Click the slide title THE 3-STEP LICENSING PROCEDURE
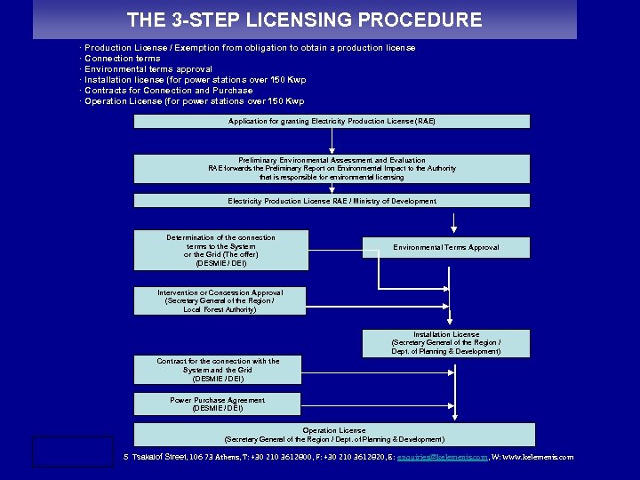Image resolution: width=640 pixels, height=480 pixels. [x=304, y=20]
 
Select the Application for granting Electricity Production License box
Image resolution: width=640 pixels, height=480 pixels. [x=332, y=121]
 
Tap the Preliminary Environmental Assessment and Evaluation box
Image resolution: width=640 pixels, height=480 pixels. [x=332, y=169]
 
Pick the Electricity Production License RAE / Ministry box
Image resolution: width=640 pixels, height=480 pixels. [x=332, y=201]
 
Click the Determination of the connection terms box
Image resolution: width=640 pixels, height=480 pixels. [x=220, y=251]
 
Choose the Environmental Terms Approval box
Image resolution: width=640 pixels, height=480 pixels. [x=446, y=247]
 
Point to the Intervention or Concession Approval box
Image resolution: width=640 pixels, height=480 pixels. [x=220, y=300]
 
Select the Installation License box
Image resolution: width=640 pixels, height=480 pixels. [x=446, y=343]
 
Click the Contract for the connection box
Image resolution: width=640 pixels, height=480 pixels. [x=218, y=370]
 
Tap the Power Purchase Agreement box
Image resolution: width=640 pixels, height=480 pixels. [x=218, y=404]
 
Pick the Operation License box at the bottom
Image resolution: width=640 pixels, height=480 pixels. [x=334, y=435]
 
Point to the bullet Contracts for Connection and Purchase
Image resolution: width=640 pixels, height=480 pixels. [x=168, y=91]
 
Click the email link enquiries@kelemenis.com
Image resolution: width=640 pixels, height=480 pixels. [x=442, y=458]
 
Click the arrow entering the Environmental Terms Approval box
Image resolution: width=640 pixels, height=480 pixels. [x=454, y=226]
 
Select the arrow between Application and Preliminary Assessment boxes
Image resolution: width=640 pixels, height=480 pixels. [x=332, y=142]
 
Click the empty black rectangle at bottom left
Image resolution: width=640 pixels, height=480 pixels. [x=73, y=451]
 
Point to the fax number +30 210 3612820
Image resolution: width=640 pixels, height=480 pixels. [x=353, y=458]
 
